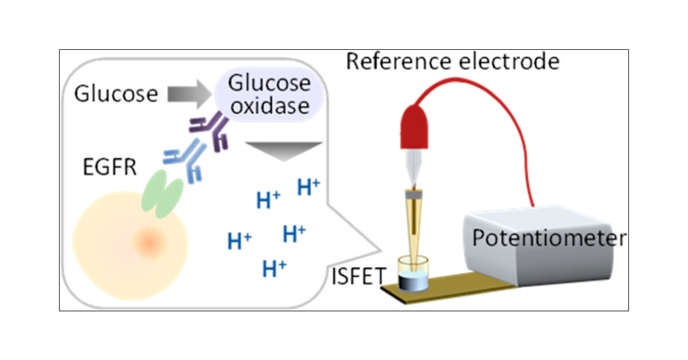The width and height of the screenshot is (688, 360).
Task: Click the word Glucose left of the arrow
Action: point(116,93)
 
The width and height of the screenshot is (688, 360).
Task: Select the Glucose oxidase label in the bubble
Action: point(269,95)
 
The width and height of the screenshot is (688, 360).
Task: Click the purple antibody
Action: point(210,131)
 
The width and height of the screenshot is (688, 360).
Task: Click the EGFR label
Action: point(110,167)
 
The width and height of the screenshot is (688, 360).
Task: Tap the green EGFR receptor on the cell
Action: point(162,194)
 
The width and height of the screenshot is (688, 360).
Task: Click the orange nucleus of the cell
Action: point(150,242)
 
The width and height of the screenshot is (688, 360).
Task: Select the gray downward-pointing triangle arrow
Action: point(284,151)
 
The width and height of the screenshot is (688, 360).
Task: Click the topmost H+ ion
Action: point(308,187)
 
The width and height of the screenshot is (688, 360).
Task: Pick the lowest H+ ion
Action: point(274,268)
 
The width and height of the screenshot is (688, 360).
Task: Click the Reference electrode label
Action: point(453,61)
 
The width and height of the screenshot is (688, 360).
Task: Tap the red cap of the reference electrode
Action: point(415,127)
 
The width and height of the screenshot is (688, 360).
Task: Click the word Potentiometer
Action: point(549,238)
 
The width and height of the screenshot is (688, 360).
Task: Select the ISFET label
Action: point(359,276)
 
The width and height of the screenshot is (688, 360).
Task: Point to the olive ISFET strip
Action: point(448,288)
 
